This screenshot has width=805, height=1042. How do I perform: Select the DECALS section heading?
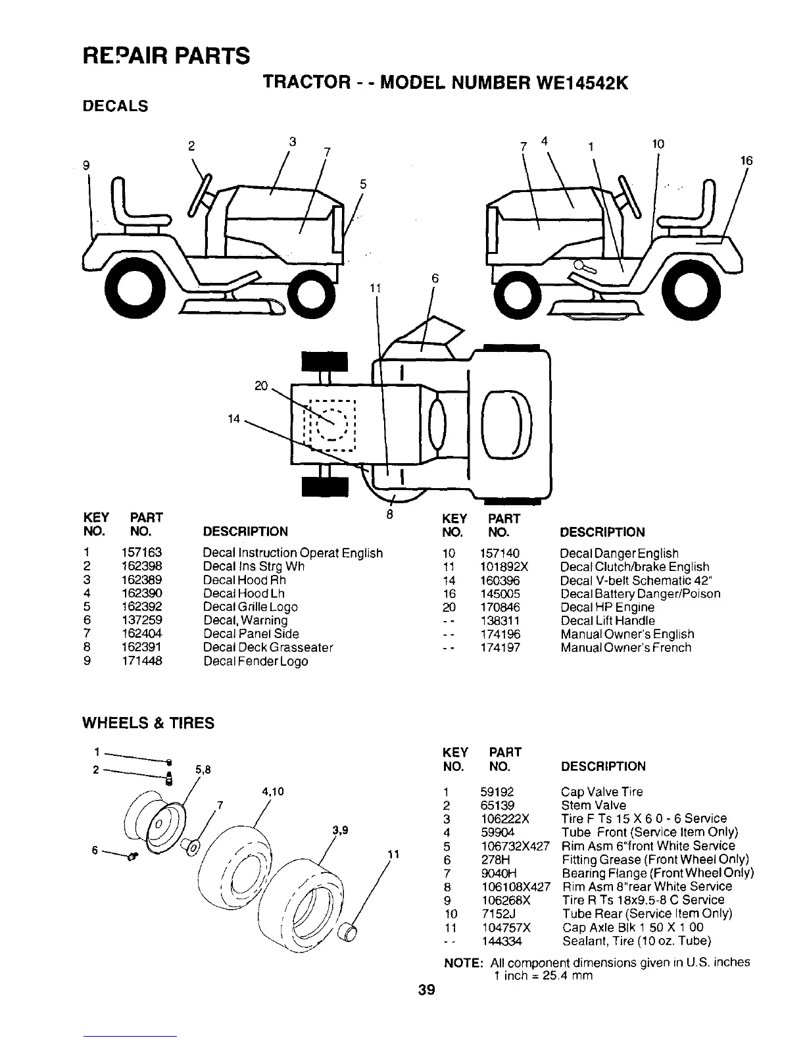point(114,106)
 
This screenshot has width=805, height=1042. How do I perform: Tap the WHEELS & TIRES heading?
point(147,724)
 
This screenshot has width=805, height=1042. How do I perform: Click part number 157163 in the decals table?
point(141,553)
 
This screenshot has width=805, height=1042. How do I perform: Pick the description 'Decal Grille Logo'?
point(250,607)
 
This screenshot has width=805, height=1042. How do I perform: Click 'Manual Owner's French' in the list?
point(625,648)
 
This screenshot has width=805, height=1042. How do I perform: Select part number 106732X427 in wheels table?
point(515,846)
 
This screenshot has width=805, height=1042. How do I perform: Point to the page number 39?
point(426,990)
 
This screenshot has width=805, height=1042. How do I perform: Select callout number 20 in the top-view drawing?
point(261,386)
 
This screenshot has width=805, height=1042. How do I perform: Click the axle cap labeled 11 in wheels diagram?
point(348,933)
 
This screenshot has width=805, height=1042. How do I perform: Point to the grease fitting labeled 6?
point(132,856)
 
